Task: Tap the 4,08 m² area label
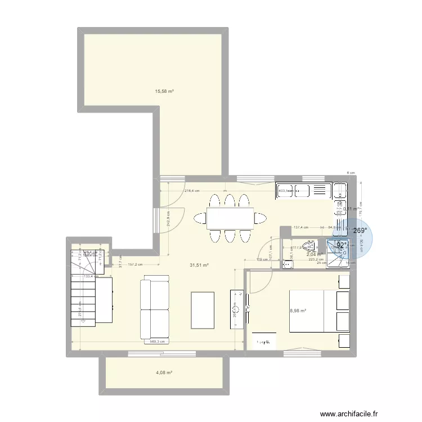(164, 372)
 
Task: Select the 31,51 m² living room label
(200, 266)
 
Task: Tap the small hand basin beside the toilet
(287, 262)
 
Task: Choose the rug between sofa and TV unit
(203, 309)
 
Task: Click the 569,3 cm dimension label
(158, 342)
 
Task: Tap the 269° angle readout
(360, 231)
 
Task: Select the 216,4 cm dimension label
(192, 191)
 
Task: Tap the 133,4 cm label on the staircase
(89, 276)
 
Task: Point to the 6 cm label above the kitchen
(349, 173)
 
